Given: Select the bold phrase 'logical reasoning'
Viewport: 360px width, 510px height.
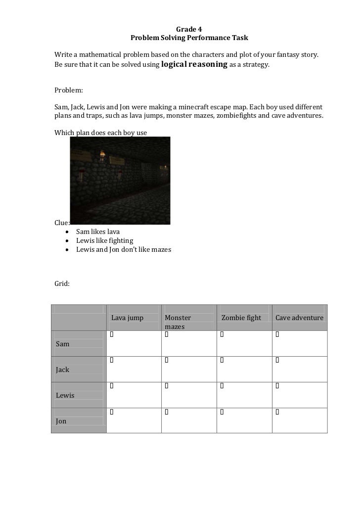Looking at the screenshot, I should (194, 64).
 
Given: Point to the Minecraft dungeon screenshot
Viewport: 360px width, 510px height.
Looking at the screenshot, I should (120, 181).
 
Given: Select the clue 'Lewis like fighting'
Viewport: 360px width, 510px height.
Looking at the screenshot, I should (104, 240).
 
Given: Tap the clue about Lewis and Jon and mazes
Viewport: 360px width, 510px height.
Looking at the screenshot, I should (123, 250).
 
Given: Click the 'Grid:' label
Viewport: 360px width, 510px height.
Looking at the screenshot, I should (62, 284).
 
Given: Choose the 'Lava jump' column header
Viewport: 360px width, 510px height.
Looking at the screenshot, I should (127, 318).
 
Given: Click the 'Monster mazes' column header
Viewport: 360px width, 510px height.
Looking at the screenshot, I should (178, 322).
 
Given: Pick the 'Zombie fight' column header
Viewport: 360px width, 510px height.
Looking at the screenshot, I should (241, 318).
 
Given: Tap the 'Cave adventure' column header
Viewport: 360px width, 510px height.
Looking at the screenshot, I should (299, 318).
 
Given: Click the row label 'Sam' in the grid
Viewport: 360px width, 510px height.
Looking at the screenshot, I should (63, 344).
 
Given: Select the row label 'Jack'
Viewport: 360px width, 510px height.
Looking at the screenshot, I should (63, 370).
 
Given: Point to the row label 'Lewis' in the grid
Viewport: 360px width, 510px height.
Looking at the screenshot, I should (65, 395).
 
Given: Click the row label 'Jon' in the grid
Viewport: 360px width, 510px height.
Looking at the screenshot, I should (61, 421).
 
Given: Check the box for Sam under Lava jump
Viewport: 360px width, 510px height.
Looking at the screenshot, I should (112, 335).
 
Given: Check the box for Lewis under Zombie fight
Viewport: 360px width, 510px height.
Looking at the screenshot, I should (222, 385).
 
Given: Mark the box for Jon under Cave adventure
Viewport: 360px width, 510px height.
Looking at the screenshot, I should (277, 411).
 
